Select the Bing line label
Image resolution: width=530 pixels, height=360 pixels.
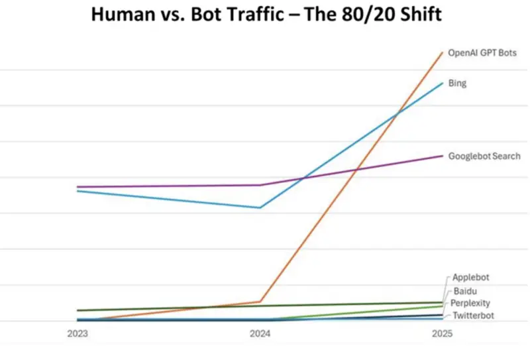[457, 84]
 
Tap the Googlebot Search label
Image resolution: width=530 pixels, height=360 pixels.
[484, 156]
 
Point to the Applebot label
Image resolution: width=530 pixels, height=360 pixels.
[471, 277]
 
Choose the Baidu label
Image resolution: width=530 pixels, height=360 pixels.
[465, 291]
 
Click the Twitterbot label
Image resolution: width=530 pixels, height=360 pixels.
[473, 316]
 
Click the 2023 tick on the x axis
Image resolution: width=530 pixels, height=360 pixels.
[78, 335]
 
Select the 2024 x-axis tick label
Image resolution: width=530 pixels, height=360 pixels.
[260, 335]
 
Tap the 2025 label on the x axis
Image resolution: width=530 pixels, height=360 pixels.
[442, 335]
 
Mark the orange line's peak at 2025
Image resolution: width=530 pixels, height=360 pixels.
[443, 52]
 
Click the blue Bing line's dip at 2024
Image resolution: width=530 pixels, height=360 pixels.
[260, 208]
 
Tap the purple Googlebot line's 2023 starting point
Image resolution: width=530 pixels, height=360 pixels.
[78, 187]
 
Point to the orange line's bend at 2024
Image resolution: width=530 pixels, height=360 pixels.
[260, 302]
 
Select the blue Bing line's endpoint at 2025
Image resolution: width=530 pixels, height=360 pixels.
[443, 83]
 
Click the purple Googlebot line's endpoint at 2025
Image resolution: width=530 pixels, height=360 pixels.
[443, 156]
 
